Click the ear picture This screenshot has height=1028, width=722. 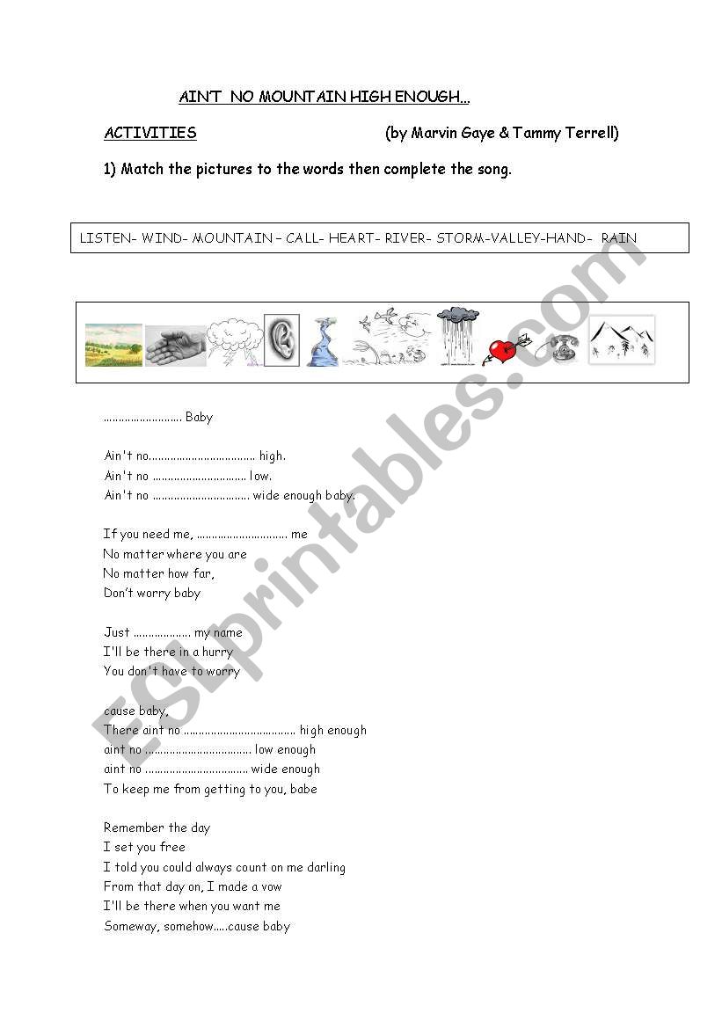[281, 340]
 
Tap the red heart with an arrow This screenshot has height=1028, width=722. [504, 351]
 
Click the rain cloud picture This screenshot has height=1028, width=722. [458, 335]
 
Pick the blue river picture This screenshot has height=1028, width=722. [322, 342]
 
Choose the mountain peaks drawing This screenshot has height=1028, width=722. [622, 339]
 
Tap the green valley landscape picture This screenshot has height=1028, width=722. [113, 345]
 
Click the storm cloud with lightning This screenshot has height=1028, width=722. [235, 342]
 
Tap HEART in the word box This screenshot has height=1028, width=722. [353, 238]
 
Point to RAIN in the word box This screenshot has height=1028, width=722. [619, 238]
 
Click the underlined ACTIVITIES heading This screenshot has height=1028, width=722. [150, 134]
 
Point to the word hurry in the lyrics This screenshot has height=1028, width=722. [217, 652]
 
